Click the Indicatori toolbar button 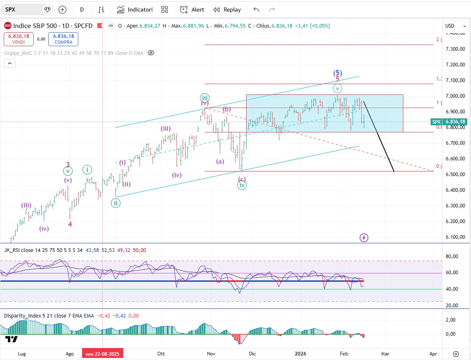[135, 9]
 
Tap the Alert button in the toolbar [192, 9]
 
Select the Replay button [227, 9]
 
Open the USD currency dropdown [455, 26]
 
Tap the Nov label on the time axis [211, 353]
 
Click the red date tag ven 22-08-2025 [102, 353]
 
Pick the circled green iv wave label [242, 186]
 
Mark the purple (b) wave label [226, 109]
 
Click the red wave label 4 [70, 224]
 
